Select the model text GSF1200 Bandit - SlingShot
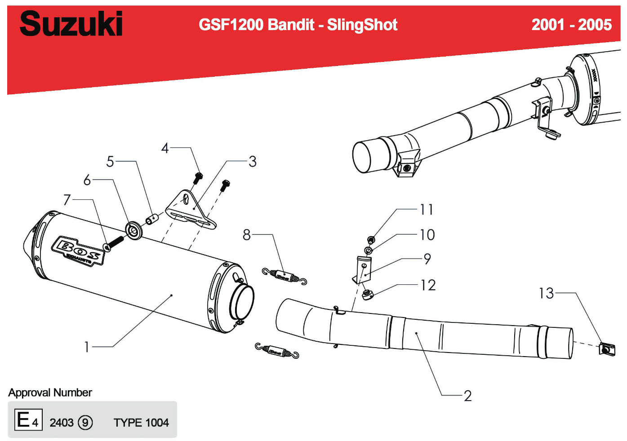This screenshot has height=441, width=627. pos(298,25)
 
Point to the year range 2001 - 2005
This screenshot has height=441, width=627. pos(571,25)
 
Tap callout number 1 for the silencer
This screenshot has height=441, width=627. pos(87,347)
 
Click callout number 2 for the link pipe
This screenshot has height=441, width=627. pos(467,396)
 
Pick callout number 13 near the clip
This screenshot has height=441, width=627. pos(546,293)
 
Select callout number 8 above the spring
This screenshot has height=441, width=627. pos(246,234)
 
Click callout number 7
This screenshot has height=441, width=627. pos(67,199)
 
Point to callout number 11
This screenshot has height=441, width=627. pos(426,209)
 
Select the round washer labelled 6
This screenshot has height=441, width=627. pos(133,230)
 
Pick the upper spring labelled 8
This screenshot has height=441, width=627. pos(285,276)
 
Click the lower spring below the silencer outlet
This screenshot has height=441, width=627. pos(277,351)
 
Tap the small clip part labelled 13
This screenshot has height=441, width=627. pos(607,349)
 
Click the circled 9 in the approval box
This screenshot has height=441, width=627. pos(85,423)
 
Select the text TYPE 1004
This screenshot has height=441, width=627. pos(141,423)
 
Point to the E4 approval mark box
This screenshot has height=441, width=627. pos(28,420)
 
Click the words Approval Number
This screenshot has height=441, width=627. pos(50,392)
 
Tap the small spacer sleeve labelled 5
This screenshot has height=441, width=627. pos(152,219)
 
